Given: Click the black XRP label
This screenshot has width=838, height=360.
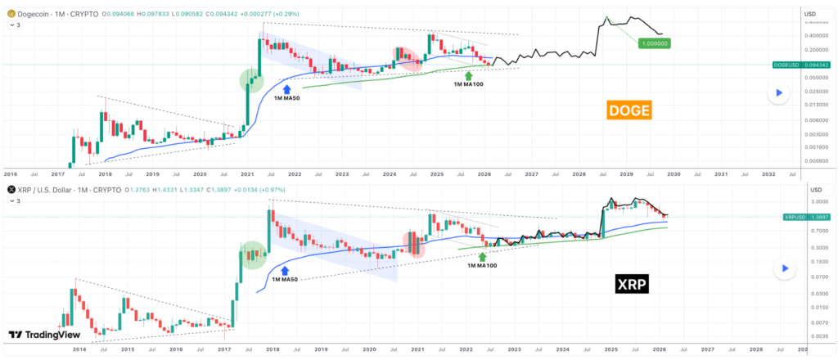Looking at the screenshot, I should pyautogui.click(x=632, y=285).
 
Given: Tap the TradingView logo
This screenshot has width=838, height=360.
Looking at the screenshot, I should pyautogui.click(x=39, y=335).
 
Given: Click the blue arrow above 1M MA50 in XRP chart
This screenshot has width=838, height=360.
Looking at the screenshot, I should pyautogui.click(x=286, y=268).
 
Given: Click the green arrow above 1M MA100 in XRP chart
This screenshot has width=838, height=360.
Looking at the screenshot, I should pyautogui.click(x=483, y=255).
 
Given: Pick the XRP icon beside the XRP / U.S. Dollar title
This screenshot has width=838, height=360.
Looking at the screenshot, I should pyautogui.click(x=11, y=189).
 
